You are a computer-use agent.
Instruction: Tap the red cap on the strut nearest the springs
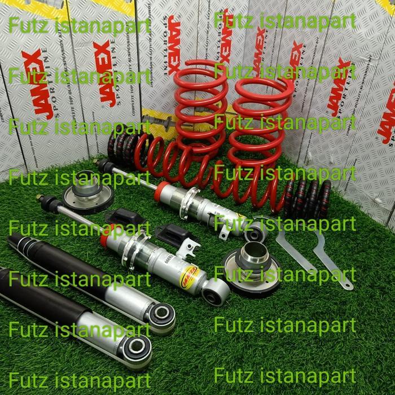click(x=162, y=190)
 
